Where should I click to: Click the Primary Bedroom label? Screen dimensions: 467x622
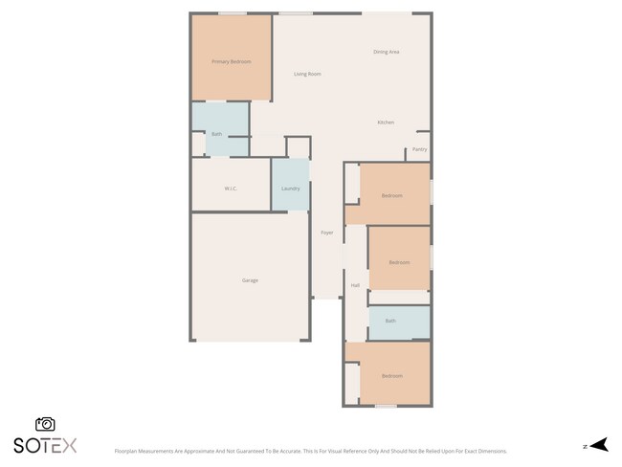click(x=231, y=61)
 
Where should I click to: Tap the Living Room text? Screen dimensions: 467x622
click(x=307, y=74)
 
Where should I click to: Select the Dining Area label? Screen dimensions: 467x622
click(x=386, y=52)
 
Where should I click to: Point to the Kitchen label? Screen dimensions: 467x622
click(x=386, y=122)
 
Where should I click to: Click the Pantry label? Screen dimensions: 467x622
click(x=419, y=149)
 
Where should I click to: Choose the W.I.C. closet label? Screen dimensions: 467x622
click(x=231, y=189)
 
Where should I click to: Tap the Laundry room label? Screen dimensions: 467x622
click(x=291, y=189)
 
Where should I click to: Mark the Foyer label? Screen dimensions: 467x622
click(x=326, y=233)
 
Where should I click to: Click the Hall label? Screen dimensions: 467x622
click(x=355, y=285)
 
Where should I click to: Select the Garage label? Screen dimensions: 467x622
click(x=250, y=280)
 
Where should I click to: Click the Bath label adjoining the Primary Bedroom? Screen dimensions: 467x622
click(x=217, y=134)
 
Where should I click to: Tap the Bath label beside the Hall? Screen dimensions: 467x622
click(x=390, y=321)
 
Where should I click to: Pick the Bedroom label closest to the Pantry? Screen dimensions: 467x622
click(x=391, y=195)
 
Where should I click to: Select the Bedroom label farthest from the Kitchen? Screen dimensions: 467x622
click(x=391, y=376)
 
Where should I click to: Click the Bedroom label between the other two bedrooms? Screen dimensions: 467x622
click(x=399, y=262)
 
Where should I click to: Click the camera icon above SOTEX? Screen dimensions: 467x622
click(x=45, y=424)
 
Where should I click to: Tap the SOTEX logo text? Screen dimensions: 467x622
click(x=45, y=445)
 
